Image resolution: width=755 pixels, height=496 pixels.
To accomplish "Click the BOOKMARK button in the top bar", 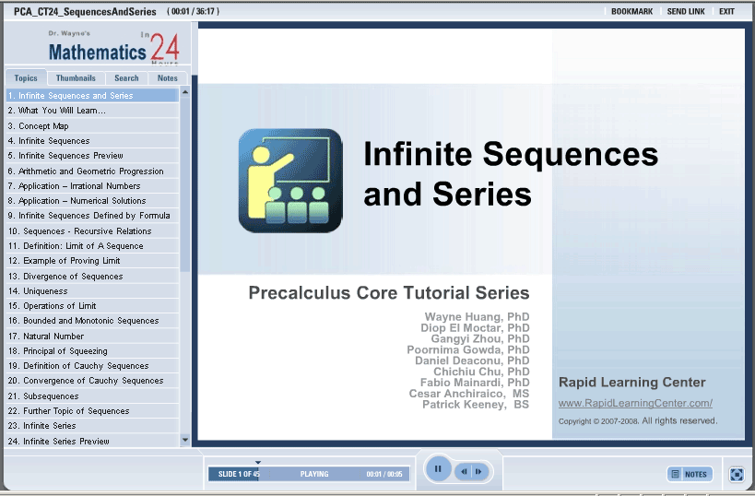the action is click(x=631, y=11).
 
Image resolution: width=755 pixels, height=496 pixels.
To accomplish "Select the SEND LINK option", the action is click(x=686, y=11).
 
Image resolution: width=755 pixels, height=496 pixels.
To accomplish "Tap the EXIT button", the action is click(x=726, y=11).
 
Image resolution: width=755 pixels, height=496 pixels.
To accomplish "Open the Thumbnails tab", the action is click(x=76, y=78).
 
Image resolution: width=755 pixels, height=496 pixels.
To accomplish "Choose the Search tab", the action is click(x=126, y=78).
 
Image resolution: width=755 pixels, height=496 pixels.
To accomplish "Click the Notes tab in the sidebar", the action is click(x=168, y=78).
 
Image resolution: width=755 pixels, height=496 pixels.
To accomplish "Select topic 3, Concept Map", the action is click(x=39, y=125).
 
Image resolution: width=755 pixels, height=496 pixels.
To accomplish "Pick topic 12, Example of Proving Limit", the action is click(x=64, y=261).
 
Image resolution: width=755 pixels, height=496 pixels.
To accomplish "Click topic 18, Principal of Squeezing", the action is click(x=58, y=351).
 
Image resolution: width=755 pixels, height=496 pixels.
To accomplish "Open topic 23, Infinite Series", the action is click(x=42, y=426).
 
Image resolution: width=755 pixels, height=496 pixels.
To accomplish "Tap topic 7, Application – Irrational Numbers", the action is click(x=74, y=186).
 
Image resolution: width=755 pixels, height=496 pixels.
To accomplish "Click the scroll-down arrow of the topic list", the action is click(x=185, y=440).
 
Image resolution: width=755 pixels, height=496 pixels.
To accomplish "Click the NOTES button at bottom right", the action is click(x=690, y=474).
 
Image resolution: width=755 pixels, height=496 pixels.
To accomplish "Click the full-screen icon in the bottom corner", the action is click(x=737, y=474).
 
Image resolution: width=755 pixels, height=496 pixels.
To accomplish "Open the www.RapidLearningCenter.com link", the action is click(x=635, y=403).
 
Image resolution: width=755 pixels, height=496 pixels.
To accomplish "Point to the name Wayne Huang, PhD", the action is click(x=477, y=317).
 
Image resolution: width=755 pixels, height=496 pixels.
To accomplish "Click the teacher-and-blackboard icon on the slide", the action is click(x=290, y=181).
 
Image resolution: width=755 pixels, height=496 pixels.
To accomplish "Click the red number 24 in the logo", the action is click(x=165, y=47).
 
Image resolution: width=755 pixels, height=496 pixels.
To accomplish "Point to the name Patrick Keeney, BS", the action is click(x=476, y=405).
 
